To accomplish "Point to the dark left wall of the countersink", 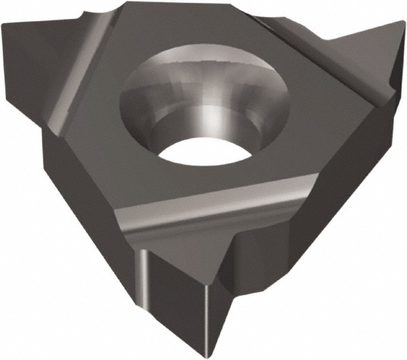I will [139, 112].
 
